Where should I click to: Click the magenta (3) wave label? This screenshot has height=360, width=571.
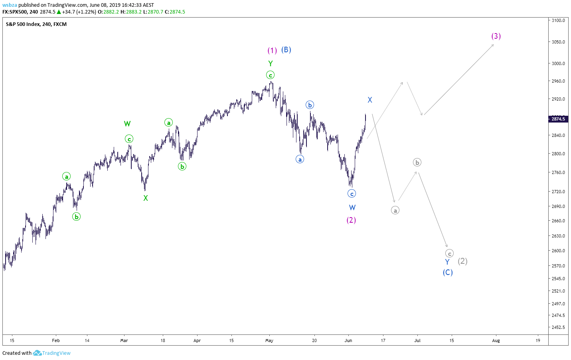(496, 36)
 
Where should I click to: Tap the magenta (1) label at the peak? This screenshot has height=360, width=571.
(272, 50)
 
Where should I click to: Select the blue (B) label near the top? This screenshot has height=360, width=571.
(286, 49)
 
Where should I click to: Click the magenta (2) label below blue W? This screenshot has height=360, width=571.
(351, 220)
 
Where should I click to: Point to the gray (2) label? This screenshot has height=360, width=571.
(462, 261)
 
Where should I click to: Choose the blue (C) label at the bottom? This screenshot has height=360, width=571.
(448, 272)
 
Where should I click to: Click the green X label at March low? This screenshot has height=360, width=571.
(146, 198)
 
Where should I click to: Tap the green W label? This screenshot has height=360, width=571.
(127, 124)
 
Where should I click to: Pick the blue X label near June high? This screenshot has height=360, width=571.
(370, 100)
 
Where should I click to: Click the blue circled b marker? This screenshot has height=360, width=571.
(310, 105)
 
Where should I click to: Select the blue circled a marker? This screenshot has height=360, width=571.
(300, 159)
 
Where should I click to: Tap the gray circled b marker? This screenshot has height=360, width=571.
(417, 162)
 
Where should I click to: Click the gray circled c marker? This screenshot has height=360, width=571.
(449, 253)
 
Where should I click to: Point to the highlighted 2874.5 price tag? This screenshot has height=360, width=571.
(558, 119)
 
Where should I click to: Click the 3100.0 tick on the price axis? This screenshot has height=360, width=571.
(558, 20)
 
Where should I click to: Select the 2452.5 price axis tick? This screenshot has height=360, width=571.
(558, 327)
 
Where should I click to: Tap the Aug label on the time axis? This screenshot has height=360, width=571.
(496, 340)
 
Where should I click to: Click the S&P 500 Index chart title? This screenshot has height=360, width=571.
(22, 24)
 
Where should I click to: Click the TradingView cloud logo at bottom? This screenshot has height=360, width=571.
(37, 353)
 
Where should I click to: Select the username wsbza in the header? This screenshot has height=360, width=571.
(10, 5)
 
